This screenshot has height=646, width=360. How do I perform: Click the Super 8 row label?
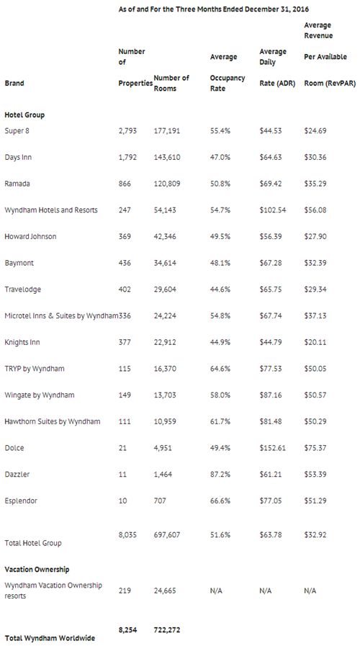(17, 131)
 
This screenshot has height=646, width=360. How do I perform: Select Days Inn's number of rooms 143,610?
(167, 158)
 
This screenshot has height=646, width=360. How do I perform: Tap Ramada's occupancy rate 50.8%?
(220, 184)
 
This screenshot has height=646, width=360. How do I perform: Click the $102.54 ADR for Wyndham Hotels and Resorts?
(273, 210)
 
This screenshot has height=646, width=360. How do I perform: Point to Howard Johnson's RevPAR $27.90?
(315, 236)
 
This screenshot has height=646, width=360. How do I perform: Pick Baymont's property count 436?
(125, 263)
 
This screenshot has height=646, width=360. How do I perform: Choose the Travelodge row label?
(22, 290)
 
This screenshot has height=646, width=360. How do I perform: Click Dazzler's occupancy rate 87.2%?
(220, 474)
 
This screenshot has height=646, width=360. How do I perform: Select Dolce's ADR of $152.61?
(273, 448)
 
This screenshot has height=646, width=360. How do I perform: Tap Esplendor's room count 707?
(160, 501)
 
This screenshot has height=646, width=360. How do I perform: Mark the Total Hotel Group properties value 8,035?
(127, 535)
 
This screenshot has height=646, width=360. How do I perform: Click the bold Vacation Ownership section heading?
(37, 570)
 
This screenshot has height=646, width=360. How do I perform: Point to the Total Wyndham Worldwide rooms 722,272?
(167, 630)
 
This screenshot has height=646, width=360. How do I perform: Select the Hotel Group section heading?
(24, 115)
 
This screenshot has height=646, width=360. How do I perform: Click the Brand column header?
(14, 84)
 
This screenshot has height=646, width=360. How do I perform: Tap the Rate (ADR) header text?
(277, 84)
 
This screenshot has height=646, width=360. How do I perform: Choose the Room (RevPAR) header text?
(330, 84)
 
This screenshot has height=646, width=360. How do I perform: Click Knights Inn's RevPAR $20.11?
(315, 342)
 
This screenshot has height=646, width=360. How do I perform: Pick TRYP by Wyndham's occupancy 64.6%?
(220, 369)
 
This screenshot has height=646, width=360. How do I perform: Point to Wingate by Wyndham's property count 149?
(125, 395)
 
